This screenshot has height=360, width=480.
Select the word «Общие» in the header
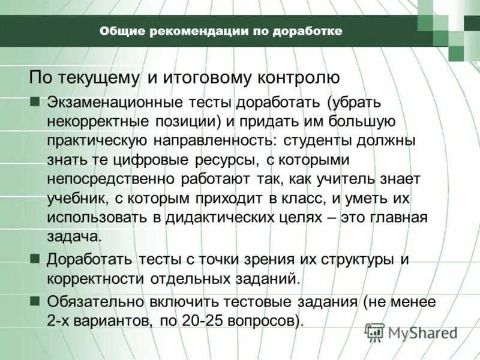(119, 31)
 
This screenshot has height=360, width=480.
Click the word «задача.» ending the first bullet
(74, 236)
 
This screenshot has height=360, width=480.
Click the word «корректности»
(95, 278)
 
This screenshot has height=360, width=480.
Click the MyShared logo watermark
(412, 332)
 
